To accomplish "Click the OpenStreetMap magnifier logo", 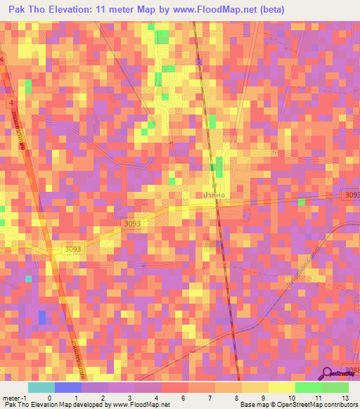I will [x=328, y=375].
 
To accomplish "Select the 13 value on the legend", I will [x=345, y=398].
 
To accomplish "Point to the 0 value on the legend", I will [x=39, y=398].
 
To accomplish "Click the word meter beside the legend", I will [x=11, y=398].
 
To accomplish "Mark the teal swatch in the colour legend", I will [x=41, y=387].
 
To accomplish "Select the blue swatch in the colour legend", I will [x=67, y=387].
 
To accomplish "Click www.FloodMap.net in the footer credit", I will [x=141, y=405].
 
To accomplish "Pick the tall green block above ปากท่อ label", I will [x=219, y=168].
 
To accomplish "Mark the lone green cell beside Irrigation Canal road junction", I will [x=301, y=203].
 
